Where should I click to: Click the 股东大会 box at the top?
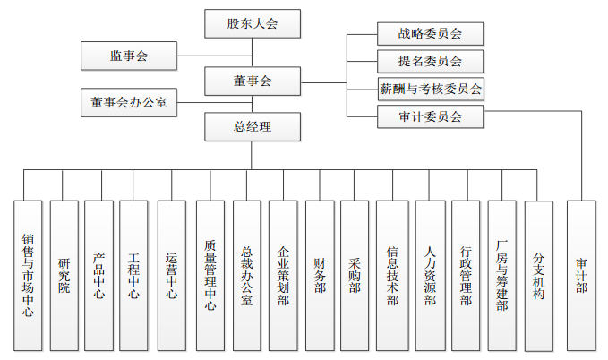[x=253, y=23]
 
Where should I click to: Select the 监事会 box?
[x=129, y=56]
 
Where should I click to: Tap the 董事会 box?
[x=253, y=81]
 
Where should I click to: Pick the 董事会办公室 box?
[x=129, y=102]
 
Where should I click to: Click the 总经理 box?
[x=253, y=127]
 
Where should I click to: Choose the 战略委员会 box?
[x=431, y=34]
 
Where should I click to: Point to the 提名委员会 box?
[x=431, y=61]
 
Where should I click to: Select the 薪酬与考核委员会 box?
[x=431, y=89]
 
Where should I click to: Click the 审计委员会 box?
[x=431, y=116]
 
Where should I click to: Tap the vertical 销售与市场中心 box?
[x=28, y=276]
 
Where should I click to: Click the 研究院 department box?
[x=64, y=276]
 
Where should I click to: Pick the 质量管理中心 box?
[x=210, y=276]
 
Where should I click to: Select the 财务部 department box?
[x=320, y=276]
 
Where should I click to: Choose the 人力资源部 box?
[x=430, y=276]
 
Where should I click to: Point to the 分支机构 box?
[x=538, y=276]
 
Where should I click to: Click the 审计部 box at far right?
[x=581, y=276]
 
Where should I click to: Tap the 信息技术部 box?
[x=392, y=276]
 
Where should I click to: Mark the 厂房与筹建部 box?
[x=501, y=276]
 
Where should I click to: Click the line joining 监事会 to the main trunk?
[x=214, y=56]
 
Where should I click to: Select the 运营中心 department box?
[x=171, y=276]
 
